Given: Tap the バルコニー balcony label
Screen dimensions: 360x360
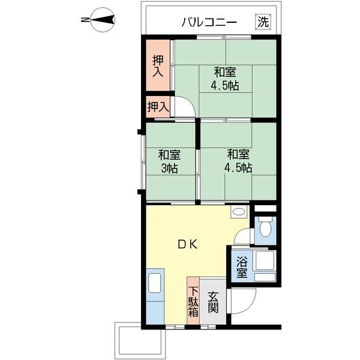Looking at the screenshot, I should [209, 23].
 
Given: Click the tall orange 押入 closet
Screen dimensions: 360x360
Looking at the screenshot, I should [158, 66].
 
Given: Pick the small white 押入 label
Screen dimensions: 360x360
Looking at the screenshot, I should [158, 107].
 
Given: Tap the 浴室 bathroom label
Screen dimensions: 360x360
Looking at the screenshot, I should [241, 267].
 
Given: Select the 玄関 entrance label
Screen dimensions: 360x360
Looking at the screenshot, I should [213, 302].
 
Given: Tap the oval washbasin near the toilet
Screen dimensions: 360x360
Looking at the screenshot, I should [238, 212].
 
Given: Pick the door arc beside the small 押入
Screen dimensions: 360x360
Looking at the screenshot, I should [185, 107].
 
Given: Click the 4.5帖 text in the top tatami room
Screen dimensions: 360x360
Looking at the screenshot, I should [224, 85].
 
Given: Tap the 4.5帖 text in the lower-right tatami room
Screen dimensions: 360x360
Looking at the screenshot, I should [238, 167].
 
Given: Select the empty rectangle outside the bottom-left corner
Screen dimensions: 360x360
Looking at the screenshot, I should [140, 339].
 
